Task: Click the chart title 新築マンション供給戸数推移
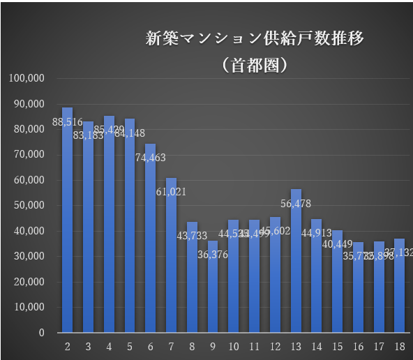coord(254,38)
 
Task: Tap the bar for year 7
coord(171,265)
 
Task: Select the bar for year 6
coord(150,244)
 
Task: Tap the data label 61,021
coord(171,192)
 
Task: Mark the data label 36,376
coord(213,255)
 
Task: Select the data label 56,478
coord(296,204)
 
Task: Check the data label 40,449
coord(337,244)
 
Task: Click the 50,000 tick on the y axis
coord(29,206)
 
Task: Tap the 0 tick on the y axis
coord(42,333)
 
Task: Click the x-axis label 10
coord(233,346)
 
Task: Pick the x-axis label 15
coord(337,346)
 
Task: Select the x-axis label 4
coord(109,346)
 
